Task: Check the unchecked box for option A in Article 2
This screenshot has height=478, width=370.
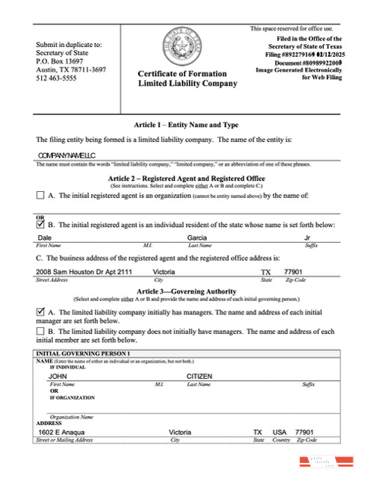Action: [40, 196]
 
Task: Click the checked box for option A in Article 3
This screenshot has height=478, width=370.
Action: [40, 311]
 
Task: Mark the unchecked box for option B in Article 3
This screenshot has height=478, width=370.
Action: [40, 331]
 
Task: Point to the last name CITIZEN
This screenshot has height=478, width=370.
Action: [200, 376]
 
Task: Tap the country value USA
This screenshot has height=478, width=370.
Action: [280, 432]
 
